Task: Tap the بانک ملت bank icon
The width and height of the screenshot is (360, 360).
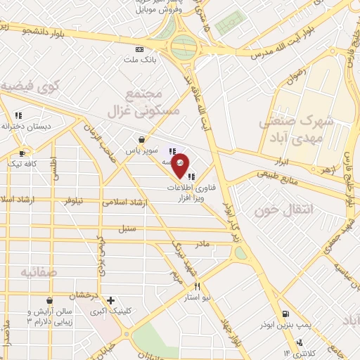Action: point(139,49)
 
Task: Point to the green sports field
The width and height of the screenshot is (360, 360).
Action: point(227,25)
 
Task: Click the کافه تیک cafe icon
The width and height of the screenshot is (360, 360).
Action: point(23,153)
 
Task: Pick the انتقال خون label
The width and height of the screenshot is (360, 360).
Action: point(266,210)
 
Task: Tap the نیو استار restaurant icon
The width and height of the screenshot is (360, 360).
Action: point(198,286)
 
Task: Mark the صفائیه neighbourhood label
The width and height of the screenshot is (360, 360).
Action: point(37,271)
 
